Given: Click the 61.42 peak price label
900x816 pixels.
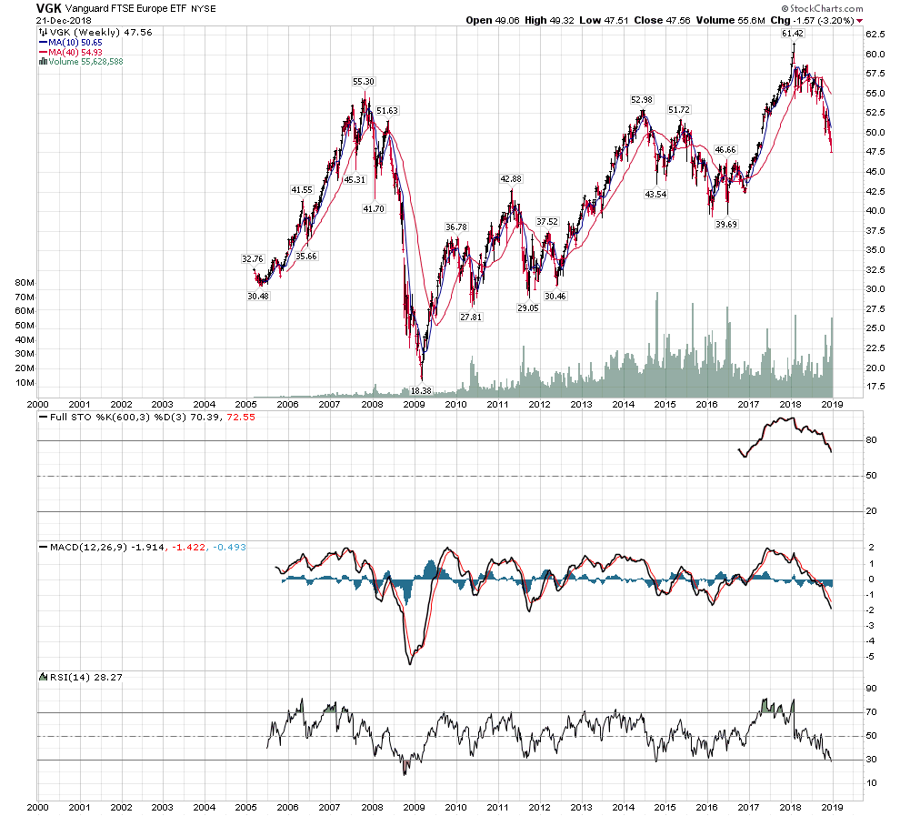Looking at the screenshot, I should pyautogui.click(x=794, y=34).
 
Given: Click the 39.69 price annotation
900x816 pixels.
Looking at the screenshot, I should pyautogui.click(x=725, y=223).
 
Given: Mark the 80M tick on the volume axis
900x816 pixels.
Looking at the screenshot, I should pyautogui.click(x=25, y=283).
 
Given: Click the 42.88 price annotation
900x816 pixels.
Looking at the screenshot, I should pyautogui.click(x=509, y=178).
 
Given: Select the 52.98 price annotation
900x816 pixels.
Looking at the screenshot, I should pyautogui.click(x=643, y=99).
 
